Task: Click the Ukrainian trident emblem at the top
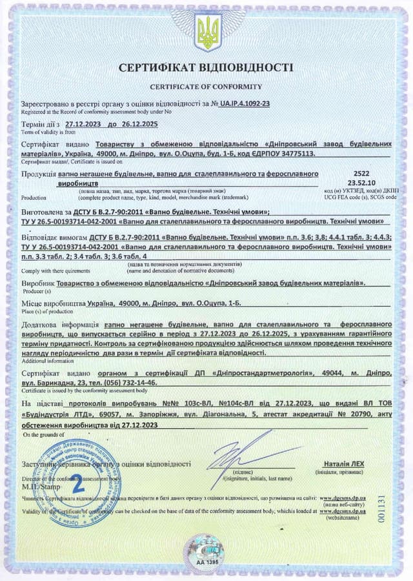coord(206,32)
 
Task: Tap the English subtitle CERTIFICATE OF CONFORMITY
coord(206,86)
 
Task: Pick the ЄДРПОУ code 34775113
coord(296,154)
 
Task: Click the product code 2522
coord(362,174)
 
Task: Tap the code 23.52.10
coord(362,183)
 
